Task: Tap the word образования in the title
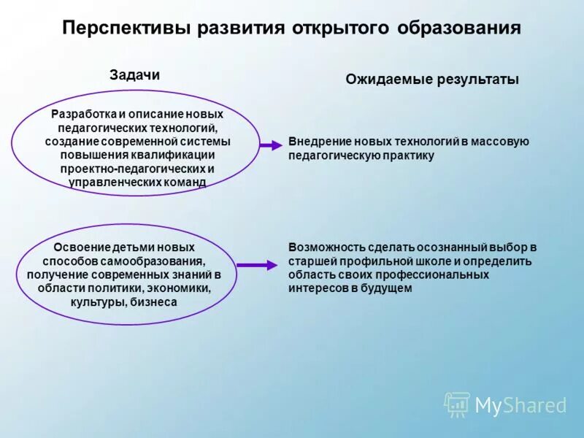459,28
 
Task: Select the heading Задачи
134,74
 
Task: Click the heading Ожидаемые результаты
432,80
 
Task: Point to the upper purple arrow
270,145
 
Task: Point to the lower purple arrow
256,265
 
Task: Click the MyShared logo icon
457,404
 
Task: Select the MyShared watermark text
520,405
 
